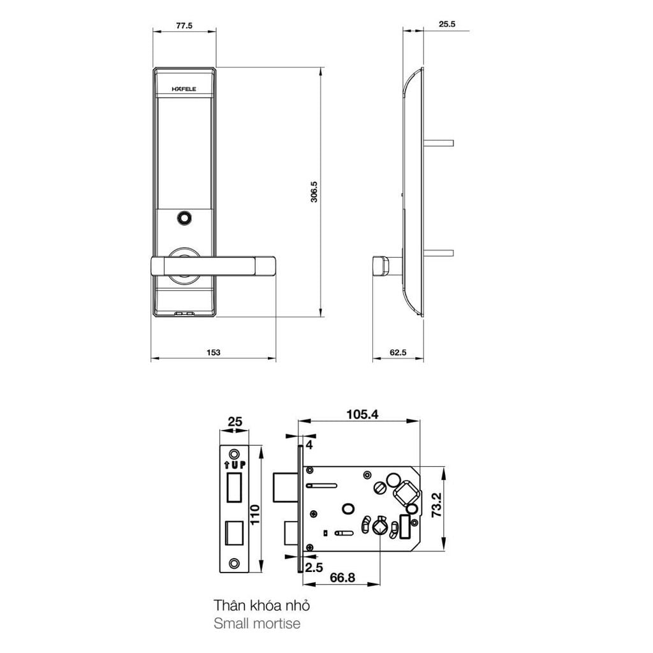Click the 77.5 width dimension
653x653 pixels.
tap(184, 26)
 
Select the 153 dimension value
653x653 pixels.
tap(214, 352)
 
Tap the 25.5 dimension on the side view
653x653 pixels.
tap(446, 25)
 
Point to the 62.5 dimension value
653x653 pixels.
tap(398, 352)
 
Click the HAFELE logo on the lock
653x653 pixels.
tap(185, 89)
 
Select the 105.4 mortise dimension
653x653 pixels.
tap(362, 415)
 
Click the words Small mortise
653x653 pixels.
tap(257, 623)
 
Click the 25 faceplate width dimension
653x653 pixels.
tap(235, 422)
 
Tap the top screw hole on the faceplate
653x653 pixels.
tap(235, 453)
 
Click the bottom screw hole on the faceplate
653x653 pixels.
tap(235, 563)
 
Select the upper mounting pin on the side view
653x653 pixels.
tap(440, 141)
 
